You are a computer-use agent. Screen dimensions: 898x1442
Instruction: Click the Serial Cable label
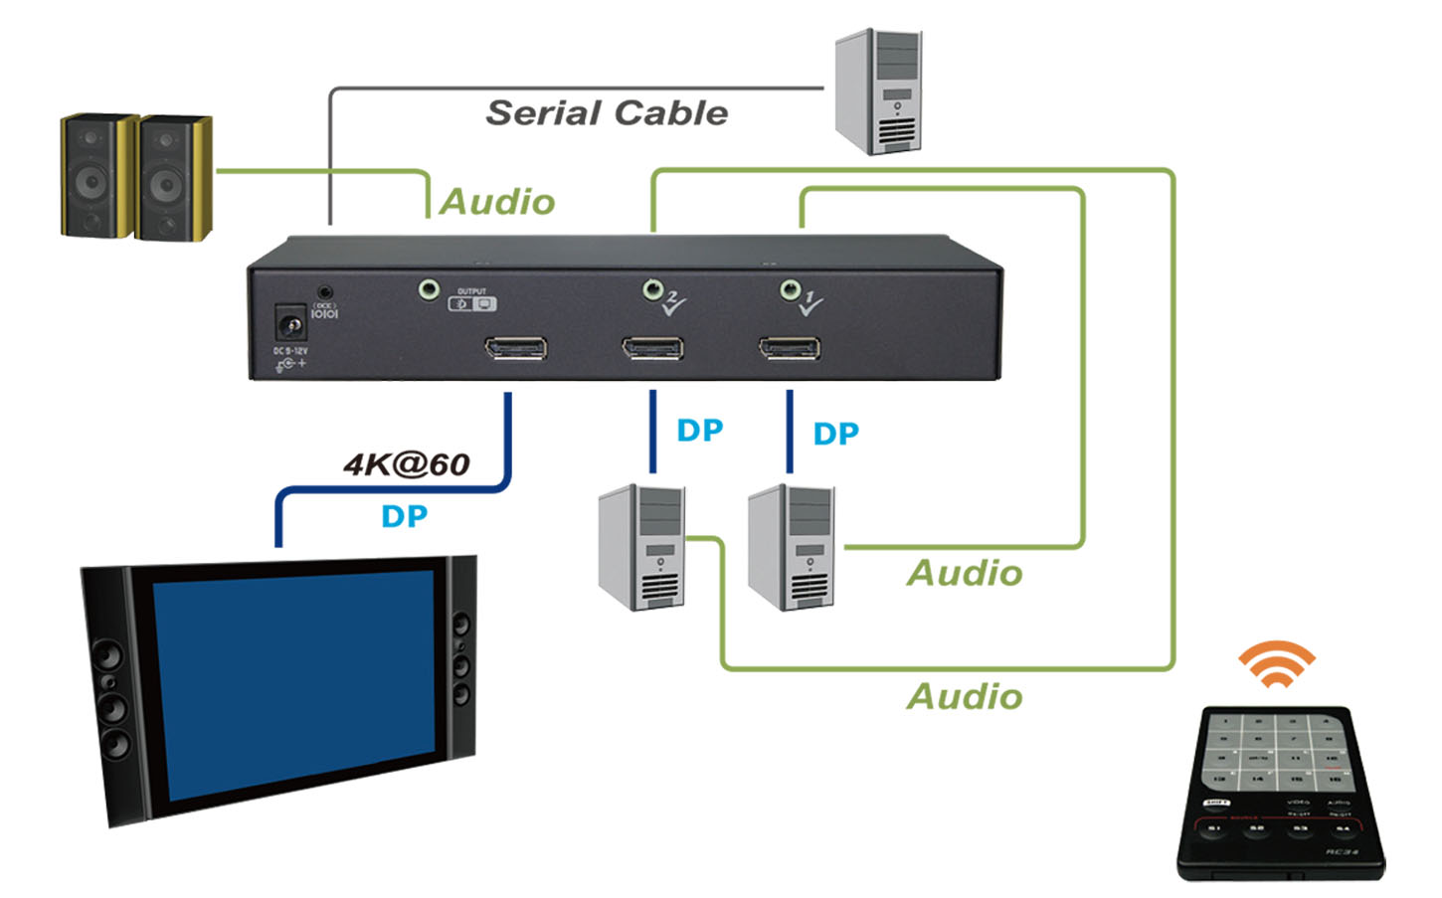(607, 113)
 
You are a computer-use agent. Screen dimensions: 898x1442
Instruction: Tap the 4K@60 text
(407, 464)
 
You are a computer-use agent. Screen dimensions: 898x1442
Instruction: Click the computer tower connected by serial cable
(878, 91)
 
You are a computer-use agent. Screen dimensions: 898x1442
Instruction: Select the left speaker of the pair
(96, 176)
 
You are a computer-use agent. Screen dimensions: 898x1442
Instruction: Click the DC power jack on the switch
(289, 323)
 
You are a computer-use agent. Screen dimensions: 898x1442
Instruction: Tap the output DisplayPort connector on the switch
(515, 349)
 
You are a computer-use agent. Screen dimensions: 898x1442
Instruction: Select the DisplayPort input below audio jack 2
(652, 349)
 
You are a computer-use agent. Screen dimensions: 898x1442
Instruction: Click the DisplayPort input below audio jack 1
(790, 349)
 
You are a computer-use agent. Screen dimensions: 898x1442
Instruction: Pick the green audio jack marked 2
(652, 289)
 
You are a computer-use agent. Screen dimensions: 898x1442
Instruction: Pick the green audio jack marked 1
(790, 289)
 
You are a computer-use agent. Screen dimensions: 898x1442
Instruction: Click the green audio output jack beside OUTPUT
(429, 289)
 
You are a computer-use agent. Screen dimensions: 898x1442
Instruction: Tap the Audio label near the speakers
(497, 202)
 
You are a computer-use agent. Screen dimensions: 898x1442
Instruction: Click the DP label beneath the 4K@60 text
(404, 516)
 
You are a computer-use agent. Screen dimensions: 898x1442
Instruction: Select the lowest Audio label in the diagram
(965, 696)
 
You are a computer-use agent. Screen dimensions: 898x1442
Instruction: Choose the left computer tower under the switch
(641, 547)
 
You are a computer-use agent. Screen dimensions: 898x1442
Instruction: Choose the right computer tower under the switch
(792, 547)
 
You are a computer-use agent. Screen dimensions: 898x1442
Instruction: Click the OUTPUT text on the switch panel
(471, 291)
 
